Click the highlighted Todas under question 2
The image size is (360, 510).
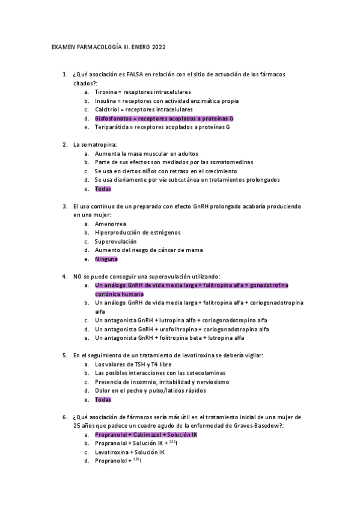coord(103,189)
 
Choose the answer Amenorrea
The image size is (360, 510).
coord(111,224)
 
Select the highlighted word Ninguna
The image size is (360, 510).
coord(106,259)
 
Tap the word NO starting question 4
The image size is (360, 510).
coord(77,277)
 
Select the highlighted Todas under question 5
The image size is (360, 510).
coord(103,399)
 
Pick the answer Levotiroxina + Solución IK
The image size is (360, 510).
coord(129,452)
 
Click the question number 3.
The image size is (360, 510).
coord(64,206)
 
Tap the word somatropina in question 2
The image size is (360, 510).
coord(98,145)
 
